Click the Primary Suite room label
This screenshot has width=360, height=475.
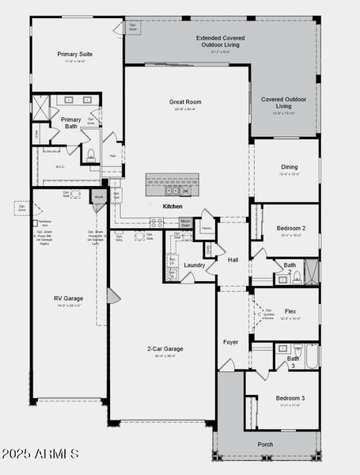coord(76,55)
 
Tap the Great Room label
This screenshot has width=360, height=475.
coord(185,102)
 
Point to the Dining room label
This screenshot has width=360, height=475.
coord(288,167)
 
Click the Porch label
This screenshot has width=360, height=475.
coord(266,444)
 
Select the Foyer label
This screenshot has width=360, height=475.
coord(230,342)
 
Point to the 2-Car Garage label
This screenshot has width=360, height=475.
coord(165,348)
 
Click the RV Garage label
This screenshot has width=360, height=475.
coord(68,298)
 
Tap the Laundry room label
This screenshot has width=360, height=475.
coord(194,265)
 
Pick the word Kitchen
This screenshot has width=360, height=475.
coord(172,206)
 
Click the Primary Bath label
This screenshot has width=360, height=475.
coord(71,122)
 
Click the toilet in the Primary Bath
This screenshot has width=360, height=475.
coord(91,154)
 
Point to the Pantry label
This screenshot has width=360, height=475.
coord(206,228)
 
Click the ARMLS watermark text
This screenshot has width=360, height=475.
coord(40,454)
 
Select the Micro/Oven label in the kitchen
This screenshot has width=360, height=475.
coord(185,222)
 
